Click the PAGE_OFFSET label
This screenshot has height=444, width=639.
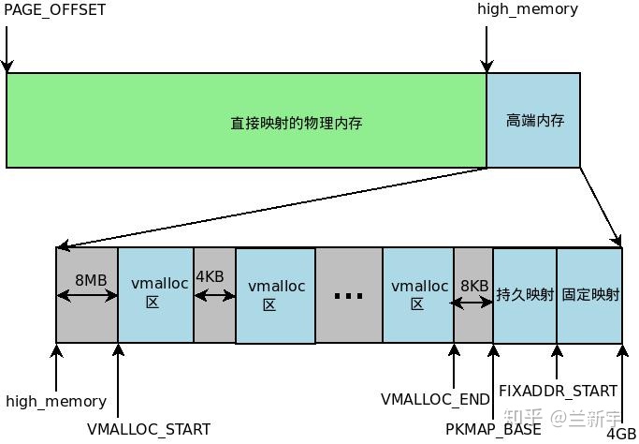pos(55,10)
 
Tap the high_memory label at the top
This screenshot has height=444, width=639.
pos(528,10)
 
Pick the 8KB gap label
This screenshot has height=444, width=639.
pos(474,286)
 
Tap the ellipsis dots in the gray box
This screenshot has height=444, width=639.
pos(348,296)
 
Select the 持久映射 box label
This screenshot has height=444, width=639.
pos(524,294)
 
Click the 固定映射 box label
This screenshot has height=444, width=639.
pos(590,294)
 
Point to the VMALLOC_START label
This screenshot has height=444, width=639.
pos(149,429)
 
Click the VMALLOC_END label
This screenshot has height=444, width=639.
pos(435,399)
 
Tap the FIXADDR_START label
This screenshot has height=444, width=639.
pos(558,391)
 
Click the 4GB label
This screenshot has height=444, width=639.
pos(621,434)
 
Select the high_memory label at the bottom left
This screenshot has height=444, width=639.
pos(56,401)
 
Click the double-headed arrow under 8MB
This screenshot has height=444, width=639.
pos(86,296)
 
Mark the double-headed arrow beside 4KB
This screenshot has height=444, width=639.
pos(215,296)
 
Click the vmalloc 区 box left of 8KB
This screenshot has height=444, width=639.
pos(417,294)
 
